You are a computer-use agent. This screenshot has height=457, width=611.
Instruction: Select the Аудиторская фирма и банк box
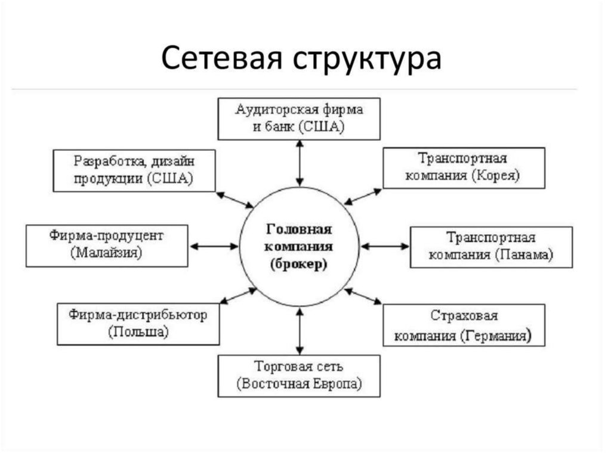299,119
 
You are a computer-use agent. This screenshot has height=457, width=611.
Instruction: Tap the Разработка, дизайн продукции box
134,170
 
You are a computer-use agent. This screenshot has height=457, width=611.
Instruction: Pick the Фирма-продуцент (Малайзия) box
107,245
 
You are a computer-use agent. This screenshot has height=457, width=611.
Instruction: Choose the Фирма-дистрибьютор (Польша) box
137,324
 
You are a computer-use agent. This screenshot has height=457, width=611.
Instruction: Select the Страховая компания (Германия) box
464,325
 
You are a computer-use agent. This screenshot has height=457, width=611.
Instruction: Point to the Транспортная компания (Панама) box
491,247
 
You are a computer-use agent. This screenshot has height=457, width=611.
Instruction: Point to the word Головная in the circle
299,229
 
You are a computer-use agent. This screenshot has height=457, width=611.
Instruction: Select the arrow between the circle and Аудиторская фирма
300,163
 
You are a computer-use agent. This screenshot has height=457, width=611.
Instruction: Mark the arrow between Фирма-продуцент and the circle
214,245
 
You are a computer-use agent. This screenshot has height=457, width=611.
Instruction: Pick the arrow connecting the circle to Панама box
385,245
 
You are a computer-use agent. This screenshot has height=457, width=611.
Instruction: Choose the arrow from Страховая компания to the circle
363,296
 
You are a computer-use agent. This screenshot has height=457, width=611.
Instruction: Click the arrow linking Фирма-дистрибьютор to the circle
237,296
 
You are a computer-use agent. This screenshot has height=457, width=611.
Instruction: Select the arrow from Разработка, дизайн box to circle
234,200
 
